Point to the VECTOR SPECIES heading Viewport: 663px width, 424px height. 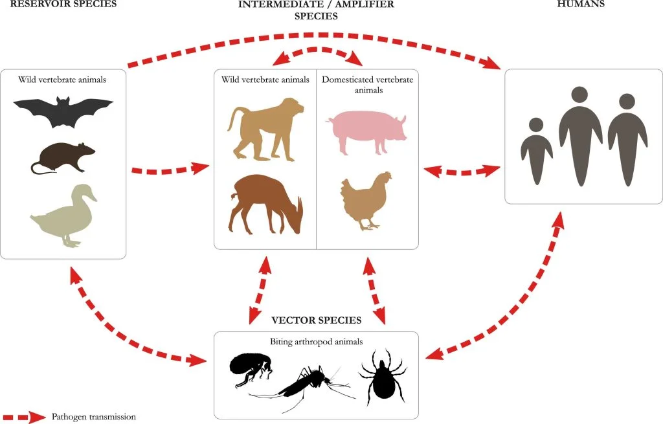point(316,320)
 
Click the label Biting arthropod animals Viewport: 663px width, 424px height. point(317,340)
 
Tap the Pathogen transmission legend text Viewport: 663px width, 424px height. point(94,416)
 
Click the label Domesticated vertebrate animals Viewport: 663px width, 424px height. point(367,85)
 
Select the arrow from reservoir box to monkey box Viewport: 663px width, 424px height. point(170,170)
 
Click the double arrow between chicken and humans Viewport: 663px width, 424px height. point(462,172)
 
